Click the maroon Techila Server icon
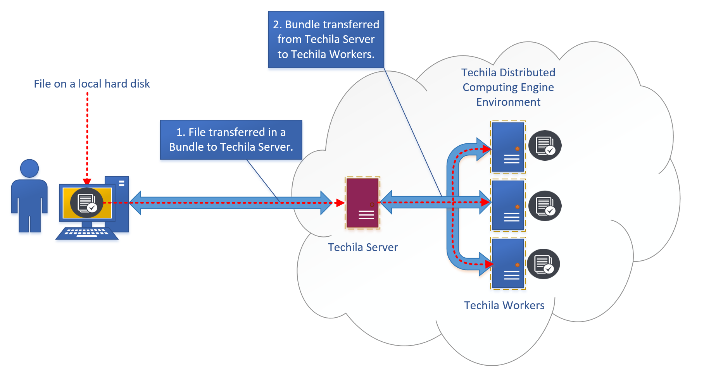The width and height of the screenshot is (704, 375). (362, 203)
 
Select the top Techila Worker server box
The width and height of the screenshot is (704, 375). (508, 147)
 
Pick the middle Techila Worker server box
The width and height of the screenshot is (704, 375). (508, 205)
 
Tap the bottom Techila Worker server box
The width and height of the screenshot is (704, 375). (508, 263)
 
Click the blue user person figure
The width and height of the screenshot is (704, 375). (29, 196)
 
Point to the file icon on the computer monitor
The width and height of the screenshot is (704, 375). (86, 203)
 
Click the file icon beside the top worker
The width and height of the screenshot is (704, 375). (545, 145)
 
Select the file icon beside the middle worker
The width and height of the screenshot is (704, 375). (545, 206)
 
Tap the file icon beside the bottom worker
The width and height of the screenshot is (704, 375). (544, 264)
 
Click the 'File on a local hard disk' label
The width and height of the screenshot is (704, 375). (92, 84)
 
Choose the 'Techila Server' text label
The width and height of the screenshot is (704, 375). (363, 247)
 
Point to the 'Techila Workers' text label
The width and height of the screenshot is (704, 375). (504, 305)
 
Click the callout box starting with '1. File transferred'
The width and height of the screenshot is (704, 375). (231, 139)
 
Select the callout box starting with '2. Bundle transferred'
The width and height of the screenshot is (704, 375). (326, 40)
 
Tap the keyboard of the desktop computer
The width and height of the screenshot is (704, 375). (87, 233)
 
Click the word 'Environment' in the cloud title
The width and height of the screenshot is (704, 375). (508, 102)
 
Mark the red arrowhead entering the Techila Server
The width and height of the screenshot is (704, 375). (340, 203)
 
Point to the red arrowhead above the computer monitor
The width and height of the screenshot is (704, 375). (87, 182)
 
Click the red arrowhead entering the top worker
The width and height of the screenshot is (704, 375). (487, 148)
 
